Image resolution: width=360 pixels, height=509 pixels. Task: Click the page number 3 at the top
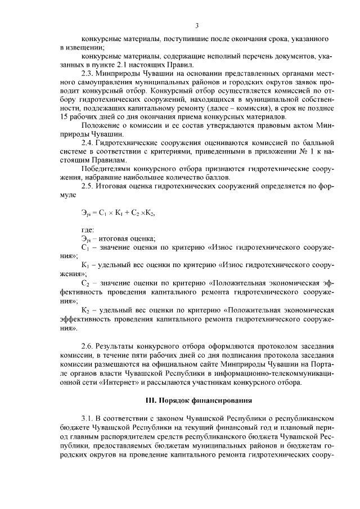tap(197, 25)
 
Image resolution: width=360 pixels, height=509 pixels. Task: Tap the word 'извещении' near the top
tap(80, 47)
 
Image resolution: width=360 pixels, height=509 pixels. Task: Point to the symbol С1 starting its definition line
tap(85, 248)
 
